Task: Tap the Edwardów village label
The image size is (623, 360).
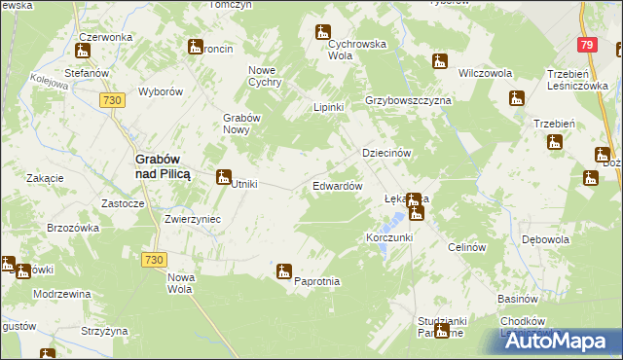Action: [x=338, y=185]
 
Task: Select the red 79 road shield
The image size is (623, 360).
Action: [x=585, y=46]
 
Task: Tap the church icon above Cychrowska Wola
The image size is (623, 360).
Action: [x=323, y=33]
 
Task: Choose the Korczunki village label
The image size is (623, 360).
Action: [x=389, y=237]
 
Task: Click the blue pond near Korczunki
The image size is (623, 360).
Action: [x=383, y=225]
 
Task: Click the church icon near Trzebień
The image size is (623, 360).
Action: [x=554, y=142]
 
